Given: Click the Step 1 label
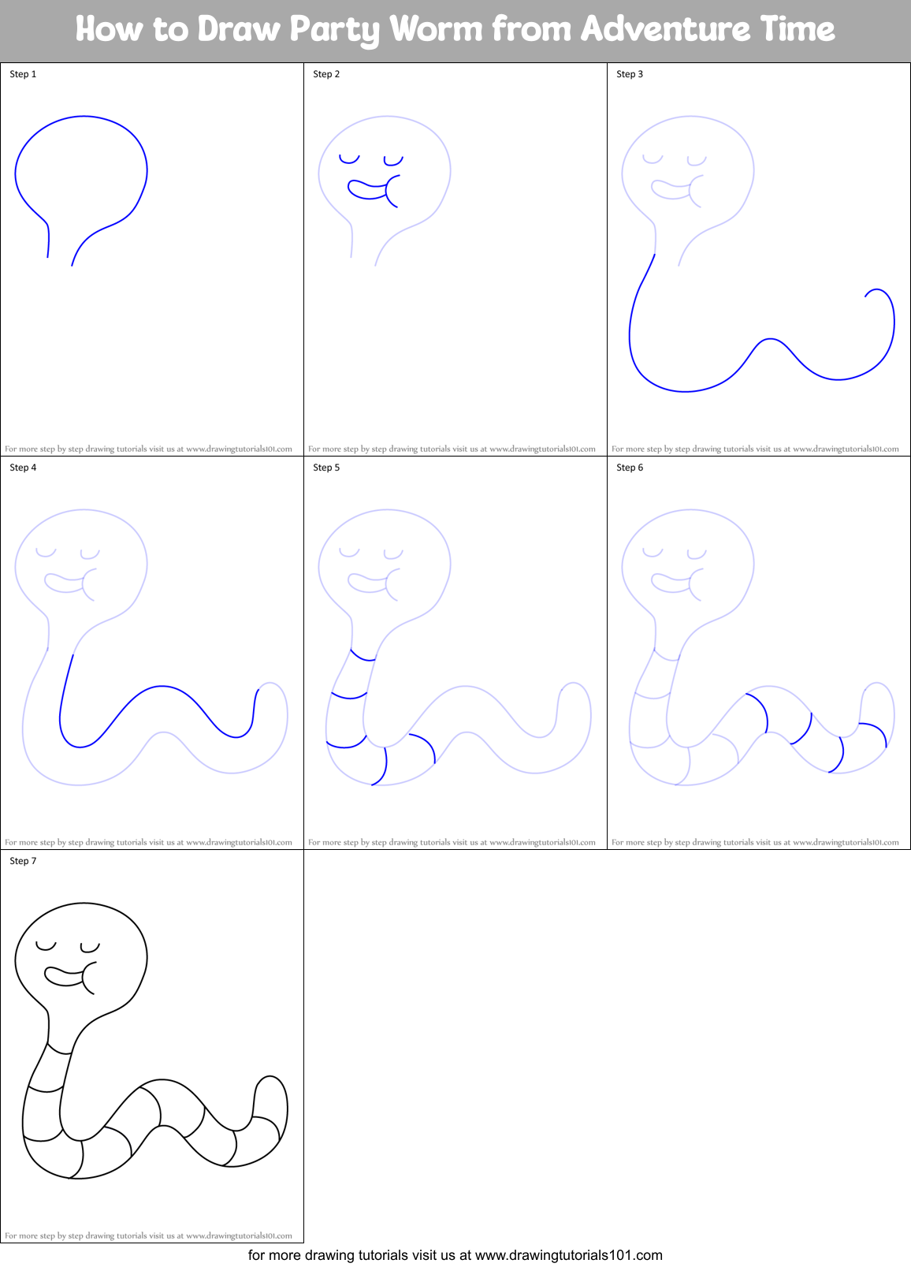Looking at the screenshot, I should pyautogui.click(x=23, y=74).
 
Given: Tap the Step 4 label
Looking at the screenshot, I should pyautogui.click(x=23, y=468).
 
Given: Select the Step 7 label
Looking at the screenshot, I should pyautogui.click(x=23, y=861).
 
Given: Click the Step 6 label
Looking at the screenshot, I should pyautogui.click(x=630, y=468).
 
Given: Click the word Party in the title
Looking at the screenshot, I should pyautogui.click(x=335, y=29).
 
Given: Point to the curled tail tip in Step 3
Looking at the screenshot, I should pyautogui.click(x=868, y=294).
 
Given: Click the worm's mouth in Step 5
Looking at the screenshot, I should pyautogui.click(x=370, y=583).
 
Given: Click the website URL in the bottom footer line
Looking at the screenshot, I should pyautogui.click(x=568, y=1255).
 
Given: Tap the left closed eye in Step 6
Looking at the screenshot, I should pyautogui.click(x=653, y=553).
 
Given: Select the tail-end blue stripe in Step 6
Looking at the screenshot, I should pyautogui.click(x=875, y=730).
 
